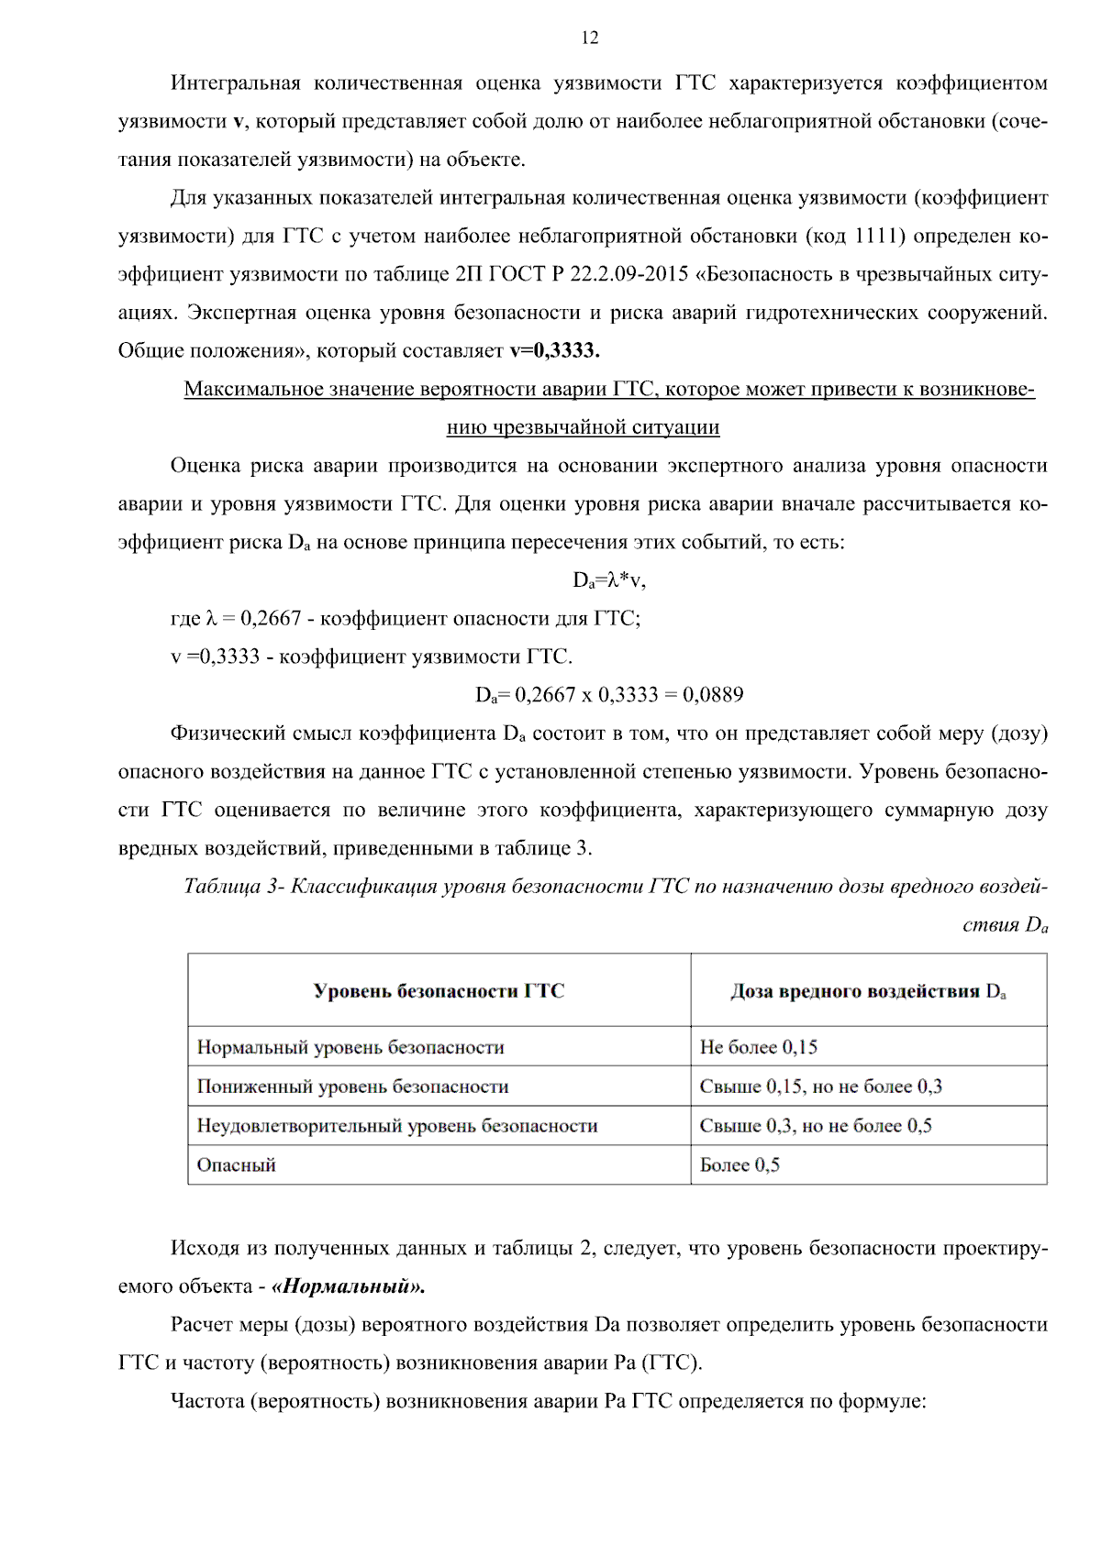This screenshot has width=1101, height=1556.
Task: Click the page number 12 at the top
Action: coord(590,38)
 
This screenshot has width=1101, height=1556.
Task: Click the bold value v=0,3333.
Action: coord(554,350)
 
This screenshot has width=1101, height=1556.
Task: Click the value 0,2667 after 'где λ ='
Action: coord(271,618)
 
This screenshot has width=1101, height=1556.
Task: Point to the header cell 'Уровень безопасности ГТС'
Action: coord(439,990)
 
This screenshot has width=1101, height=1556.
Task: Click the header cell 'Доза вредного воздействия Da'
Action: coord(868,990)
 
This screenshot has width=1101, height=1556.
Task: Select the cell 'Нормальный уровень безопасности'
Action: coord(350,1047)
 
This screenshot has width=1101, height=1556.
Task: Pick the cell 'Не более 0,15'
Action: coord(758,1047)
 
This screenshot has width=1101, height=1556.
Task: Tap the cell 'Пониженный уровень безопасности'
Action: coord(352,1087)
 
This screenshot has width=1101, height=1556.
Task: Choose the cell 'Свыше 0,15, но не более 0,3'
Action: coord(820,1087)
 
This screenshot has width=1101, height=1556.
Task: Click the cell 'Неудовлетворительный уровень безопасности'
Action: coord(397,1126)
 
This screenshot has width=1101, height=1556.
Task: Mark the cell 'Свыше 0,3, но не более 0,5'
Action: coord(816,1126)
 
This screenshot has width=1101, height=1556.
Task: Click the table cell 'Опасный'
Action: coord(236,1165)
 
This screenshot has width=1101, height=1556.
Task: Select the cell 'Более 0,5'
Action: coord(740,1165)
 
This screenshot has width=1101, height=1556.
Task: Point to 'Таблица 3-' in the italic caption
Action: coord(234,886)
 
